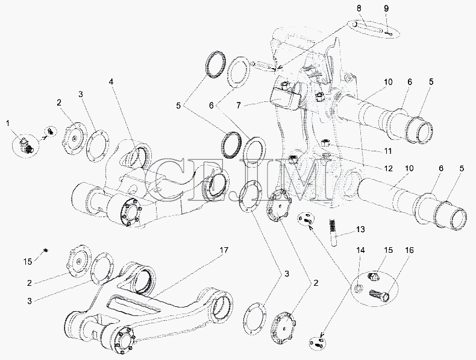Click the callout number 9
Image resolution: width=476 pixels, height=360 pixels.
pos(386,8)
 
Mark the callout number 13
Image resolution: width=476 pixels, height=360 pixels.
pos(360,229)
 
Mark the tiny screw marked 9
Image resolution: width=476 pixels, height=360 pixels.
pos(389,33)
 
